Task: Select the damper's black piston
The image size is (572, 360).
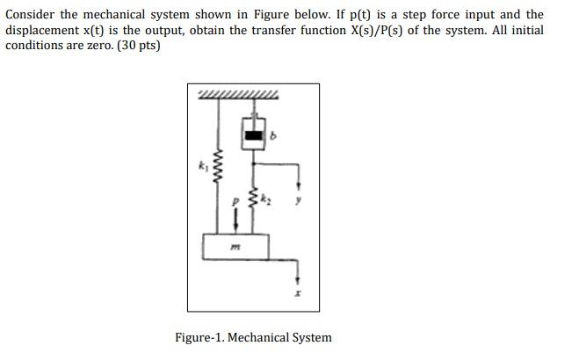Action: click(254, 136)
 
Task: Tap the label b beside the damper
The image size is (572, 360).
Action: click(273, 137)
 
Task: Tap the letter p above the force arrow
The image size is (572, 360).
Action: click(235, 202)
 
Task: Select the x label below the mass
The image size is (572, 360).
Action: click(298, 293)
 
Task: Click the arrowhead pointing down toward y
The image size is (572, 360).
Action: click(299, 186)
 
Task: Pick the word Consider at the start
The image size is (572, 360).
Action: click(33, 15)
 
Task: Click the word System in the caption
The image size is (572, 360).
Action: click(312, 337)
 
